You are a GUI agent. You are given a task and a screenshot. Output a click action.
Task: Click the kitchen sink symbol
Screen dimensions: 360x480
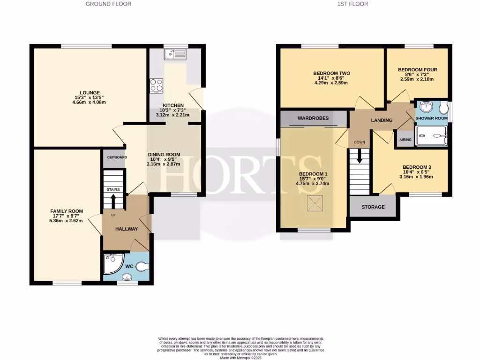click(175, 55)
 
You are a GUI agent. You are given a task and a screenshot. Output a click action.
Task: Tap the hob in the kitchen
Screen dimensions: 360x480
click(156, 85)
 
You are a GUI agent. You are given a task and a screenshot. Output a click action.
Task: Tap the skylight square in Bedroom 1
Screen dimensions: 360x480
click(314, 204)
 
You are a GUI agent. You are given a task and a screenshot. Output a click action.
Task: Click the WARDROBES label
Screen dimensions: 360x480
click(314, 118)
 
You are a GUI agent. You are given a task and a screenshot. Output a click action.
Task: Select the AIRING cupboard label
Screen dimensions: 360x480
click(405, 140)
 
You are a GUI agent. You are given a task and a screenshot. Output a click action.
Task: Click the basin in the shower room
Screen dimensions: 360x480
click(427, 107)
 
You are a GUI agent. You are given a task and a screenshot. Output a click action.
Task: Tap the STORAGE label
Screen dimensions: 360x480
click(373, 207)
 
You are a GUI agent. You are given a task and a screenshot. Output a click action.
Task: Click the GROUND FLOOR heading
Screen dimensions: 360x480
click(108, 4)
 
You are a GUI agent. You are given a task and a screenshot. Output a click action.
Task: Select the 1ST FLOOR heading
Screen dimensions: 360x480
click(352, 4)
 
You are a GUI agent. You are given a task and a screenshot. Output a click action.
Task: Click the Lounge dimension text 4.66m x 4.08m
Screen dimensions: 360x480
click(90, 102)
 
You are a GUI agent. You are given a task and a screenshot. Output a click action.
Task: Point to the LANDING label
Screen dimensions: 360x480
click(382, 120)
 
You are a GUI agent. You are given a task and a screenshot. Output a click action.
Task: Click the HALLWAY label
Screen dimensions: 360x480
click(127, 229)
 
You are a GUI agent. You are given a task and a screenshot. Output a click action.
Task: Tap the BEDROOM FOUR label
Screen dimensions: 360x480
click(417, 70)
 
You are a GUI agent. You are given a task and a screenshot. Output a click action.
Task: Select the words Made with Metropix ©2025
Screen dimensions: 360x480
click(240, 357)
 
